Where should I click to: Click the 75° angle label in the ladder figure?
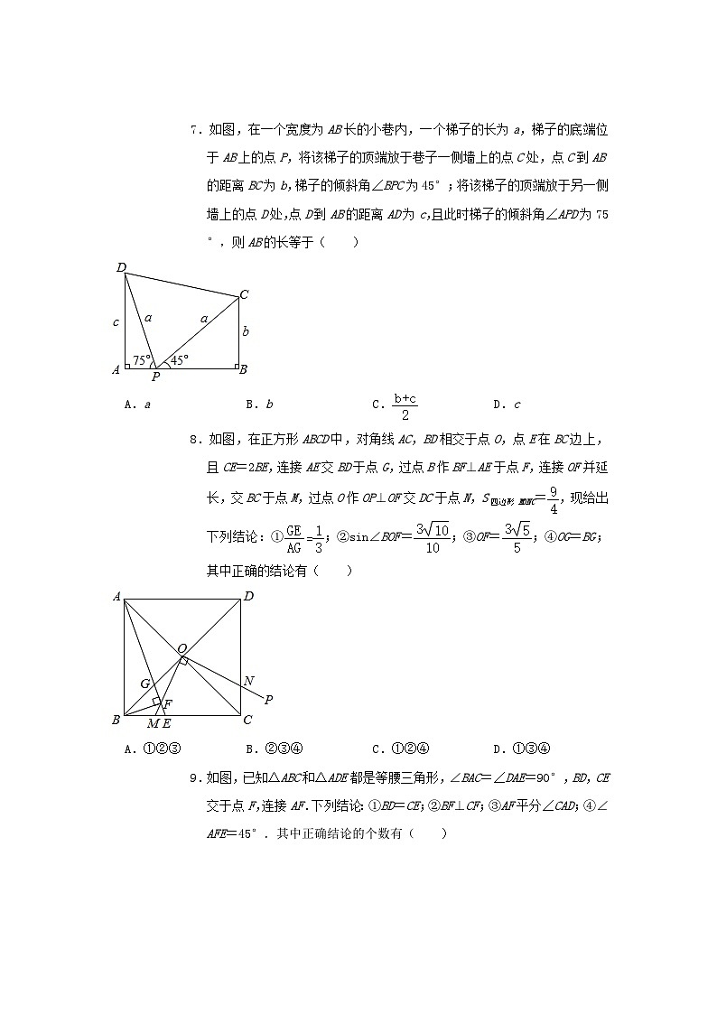pos(141,358)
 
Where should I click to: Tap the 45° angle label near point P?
pos(180,358)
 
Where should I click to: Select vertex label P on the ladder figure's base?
pos(155,377)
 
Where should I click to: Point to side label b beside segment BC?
pos(246,331)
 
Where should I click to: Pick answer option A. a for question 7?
pos(137,405)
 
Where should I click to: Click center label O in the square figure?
pos(182,648)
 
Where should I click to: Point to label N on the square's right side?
pos(248,681)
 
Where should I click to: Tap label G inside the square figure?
pos(144,684)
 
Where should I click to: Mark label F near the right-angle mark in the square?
pos(167,702)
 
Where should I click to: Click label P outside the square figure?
pos(268,699)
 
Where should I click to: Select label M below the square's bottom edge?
pos(152,723)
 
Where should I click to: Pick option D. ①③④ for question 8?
pos(522,748)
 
